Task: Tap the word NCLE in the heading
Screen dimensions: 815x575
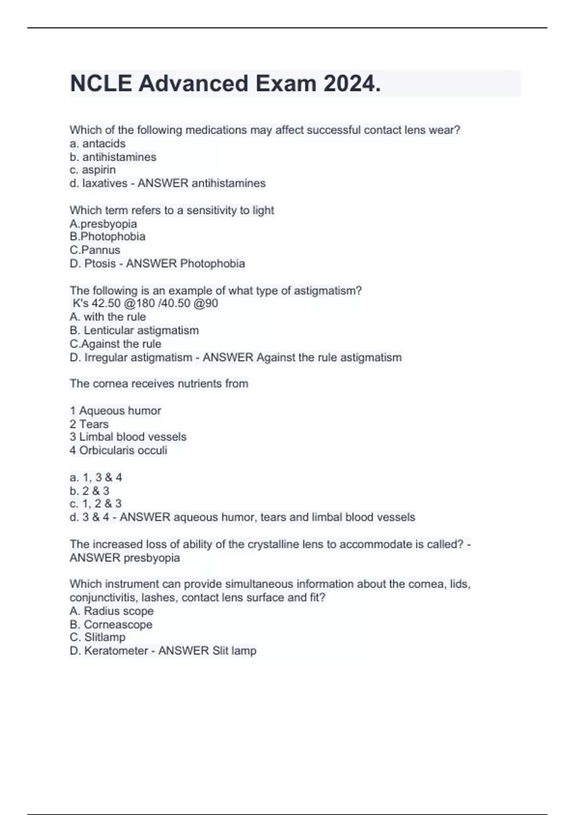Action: pos(101,84)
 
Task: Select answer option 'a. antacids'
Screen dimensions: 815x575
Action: pos(98,143)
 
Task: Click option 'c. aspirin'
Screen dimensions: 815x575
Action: pos(93,170)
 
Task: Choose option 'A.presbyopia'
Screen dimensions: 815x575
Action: pos(103,224)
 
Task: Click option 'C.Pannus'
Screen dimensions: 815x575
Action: pos(95,250)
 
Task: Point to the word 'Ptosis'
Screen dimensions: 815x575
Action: pos(100,263)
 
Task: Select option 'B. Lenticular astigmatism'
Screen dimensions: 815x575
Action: pos(134,330)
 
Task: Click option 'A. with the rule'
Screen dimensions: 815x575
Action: pos(108,317)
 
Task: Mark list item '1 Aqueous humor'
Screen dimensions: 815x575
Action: pos(115,411)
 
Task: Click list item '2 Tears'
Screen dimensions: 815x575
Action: pos(89,424)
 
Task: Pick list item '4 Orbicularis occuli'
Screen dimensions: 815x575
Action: pos(118,450)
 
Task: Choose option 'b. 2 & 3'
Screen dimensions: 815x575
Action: pos(90,491)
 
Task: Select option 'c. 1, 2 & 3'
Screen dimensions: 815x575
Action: pos(96,504)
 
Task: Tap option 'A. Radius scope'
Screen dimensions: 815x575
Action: pos(112,611)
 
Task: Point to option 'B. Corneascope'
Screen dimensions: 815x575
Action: pos(111,625)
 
